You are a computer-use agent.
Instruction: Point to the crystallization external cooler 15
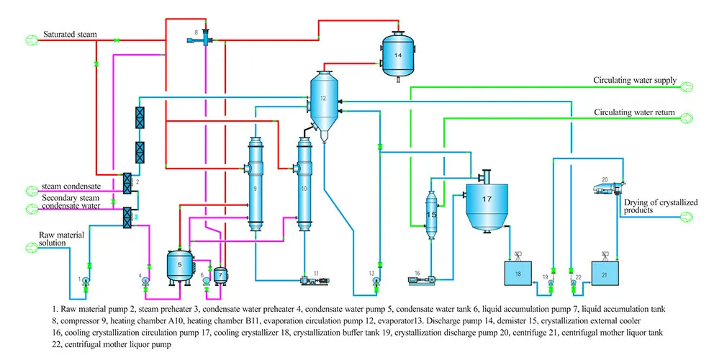[432, 214]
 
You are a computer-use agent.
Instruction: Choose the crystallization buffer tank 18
[517, 274]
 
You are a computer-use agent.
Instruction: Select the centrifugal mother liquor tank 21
[605, 274]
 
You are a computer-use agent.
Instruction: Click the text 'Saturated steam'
[69, 35]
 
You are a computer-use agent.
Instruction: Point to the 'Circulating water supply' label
[634, 81]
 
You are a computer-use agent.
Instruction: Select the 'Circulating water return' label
[634, 113]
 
